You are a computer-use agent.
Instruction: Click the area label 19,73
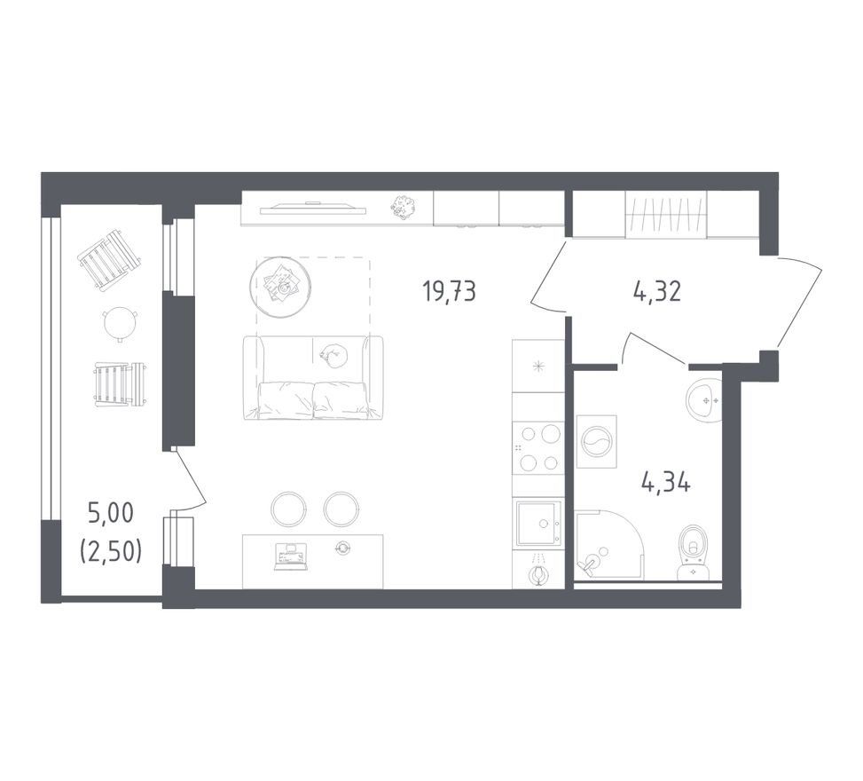coord(449,291)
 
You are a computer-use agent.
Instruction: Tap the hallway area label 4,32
coord(657,291)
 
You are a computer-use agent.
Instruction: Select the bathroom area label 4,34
coord(665,483)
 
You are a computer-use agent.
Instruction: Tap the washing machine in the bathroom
coord(596,442)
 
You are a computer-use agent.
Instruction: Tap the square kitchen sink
coord(538,524)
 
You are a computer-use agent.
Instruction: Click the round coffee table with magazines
coord(280,287)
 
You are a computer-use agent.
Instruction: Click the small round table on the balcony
coord(120,325)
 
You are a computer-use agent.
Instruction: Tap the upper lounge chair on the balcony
coord(109,259)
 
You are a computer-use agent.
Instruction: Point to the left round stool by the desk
coord(288,509)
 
